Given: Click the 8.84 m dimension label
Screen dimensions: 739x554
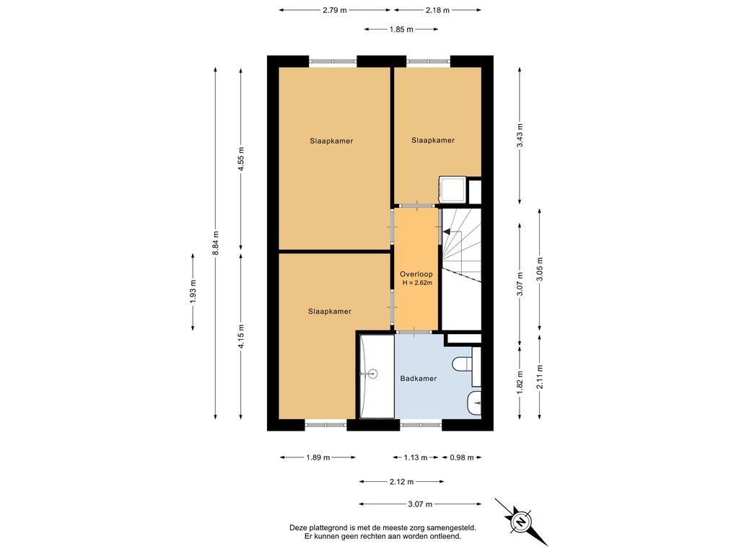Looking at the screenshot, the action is [x=215, y=243].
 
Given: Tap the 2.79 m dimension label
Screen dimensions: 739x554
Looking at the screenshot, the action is [x=335, y=10].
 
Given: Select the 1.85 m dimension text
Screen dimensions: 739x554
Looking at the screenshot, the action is [x=401, y=29].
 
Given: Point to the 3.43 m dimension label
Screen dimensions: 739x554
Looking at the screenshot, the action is [x=520, y=136].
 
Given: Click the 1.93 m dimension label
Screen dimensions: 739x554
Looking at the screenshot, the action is [x=193, y=292].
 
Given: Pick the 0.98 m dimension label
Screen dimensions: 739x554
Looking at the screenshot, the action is [x=462, y=457].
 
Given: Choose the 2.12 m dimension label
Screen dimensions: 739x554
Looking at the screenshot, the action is [x=401, y=482].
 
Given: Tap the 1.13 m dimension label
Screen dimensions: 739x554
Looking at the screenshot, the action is [x=415, y=457].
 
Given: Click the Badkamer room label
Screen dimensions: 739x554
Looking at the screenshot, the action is [x=419, y=378].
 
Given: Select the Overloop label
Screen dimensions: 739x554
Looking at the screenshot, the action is [x=416, y=274].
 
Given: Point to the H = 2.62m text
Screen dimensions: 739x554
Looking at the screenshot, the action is [x=417, y=283].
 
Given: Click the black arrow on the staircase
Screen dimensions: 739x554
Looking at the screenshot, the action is [x=446, y=232].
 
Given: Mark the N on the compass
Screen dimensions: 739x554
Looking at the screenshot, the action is [x=521, y=522].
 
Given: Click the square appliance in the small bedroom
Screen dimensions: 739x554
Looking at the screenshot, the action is [x=452, y=190].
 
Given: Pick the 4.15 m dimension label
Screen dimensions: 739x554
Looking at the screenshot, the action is [x=241, y=336].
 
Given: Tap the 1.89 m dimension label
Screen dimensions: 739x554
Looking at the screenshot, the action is [x=318, y=457].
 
